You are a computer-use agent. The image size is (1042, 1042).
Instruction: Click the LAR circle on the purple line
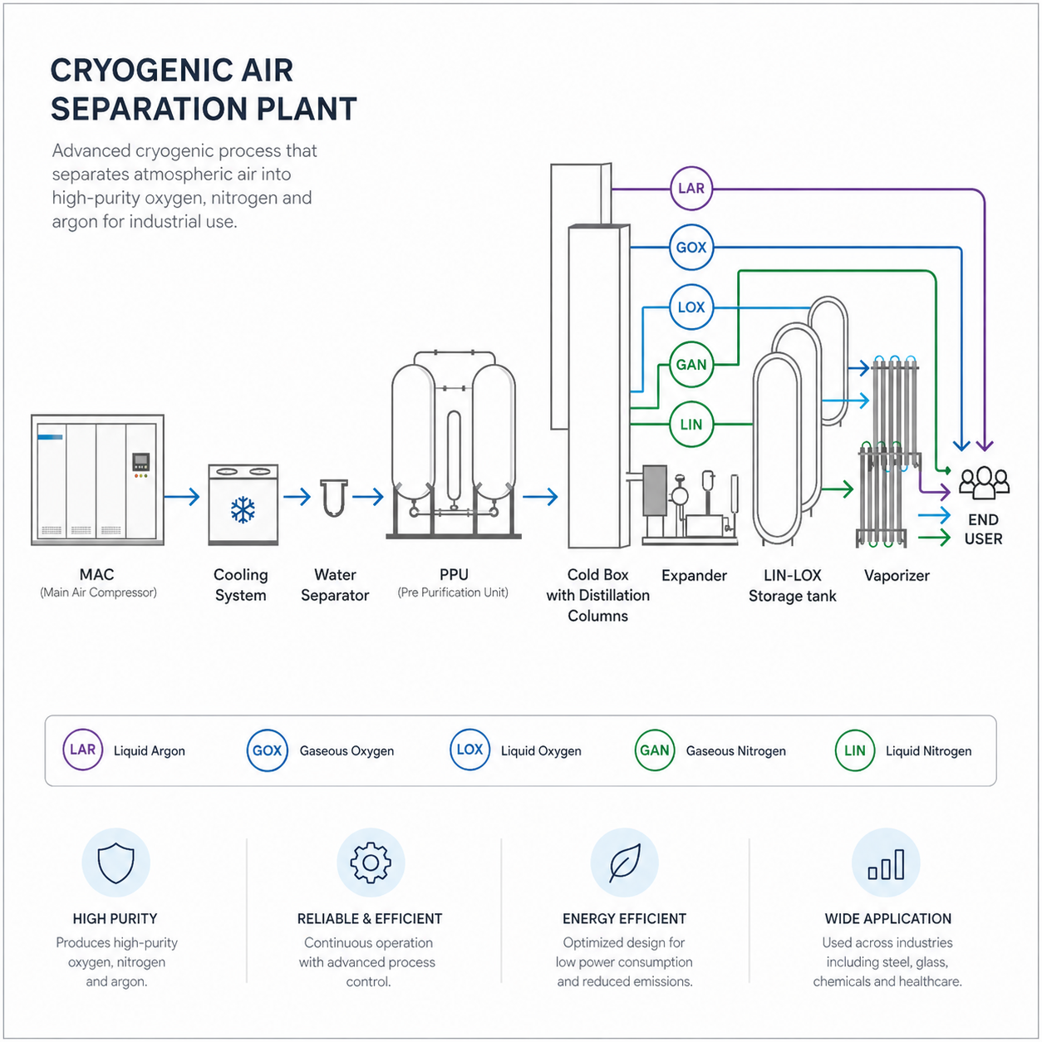(691, 189)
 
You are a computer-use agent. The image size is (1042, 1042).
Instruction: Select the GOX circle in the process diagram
(691, 248)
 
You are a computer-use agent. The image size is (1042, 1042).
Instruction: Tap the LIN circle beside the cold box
(691, 425)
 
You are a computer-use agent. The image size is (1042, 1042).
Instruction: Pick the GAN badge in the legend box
(654, 750)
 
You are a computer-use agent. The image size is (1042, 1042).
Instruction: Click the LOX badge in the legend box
(469, 750)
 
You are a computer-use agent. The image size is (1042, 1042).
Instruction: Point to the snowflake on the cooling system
(243, 509)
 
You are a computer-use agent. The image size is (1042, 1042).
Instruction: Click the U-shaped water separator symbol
(333, 498)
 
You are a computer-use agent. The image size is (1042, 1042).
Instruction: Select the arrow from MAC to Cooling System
(182, 498)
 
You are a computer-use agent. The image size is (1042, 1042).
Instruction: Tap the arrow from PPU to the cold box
(540, 498)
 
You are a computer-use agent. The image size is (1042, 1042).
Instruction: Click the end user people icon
(984, 482)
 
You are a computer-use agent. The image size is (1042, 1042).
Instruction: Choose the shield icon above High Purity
(116, 863)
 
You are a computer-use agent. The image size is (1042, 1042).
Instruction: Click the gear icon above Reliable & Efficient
(371, 863)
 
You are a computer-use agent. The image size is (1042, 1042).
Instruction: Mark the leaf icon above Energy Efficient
(625, 863)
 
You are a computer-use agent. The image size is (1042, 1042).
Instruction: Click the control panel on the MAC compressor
(141, 464)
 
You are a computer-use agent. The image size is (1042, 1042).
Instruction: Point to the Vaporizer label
(897, 576)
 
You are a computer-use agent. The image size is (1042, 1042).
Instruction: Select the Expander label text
(694, 576)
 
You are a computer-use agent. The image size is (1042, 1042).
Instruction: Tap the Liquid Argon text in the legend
(150, 751)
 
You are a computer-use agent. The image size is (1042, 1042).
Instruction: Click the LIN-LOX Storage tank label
(792, 586)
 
